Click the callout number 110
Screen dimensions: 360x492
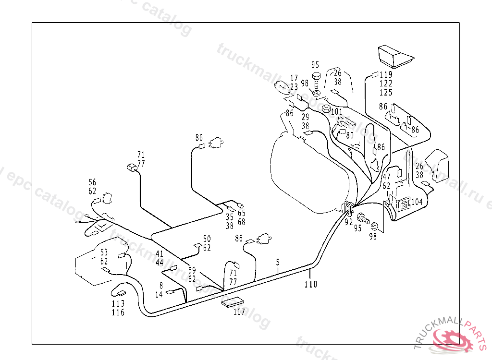[x=311, y=284]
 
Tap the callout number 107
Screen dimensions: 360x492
[x=239, y=312]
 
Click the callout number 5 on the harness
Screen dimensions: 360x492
[x=278, y=262]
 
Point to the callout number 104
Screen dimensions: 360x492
[x=417, y=202]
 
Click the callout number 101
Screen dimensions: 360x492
[x=336, y=112]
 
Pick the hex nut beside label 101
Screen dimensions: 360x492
[x=325, y=109]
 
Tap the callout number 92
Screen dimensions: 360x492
[x=349, y=222]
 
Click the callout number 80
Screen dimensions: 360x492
[x=349, y=135]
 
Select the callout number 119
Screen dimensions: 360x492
[x=386, y=74]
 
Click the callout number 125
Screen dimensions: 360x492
[x=386, y=93]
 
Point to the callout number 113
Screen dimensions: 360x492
[x=118, y=303]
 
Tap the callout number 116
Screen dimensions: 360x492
[x=118, y=312]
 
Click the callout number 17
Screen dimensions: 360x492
[x=294, y=78]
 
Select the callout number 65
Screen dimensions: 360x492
[x=241, y=213]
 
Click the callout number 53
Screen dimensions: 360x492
[x=104, y=252]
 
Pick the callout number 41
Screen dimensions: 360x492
[x=160, y=253]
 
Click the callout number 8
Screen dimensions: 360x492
[x=161, y=285]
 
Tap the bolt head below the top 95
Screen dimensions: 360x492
[x=316, y=76]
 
